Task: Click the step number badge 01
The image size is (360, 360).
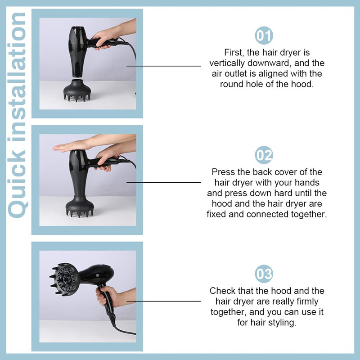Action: pos(264,36)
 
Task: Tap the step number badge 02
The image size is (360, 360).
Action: pos(264,155)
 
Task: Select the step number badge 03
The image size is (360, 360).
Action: pos(264,274)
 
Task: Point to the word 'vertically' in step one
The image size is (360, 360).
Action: pos(227,63)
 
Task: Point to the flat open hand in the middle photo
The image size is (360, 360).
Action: pos(71,146)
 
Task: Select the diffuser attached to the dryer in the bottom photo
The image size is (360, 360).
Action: pos(63,279)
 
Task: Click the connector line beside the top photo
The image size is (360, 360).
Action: pos(164,66)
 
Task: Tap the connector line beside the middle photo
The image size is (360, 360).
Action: pos(164,183)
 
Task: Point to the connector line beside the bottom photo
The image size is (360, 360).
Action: pos(164,301)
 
